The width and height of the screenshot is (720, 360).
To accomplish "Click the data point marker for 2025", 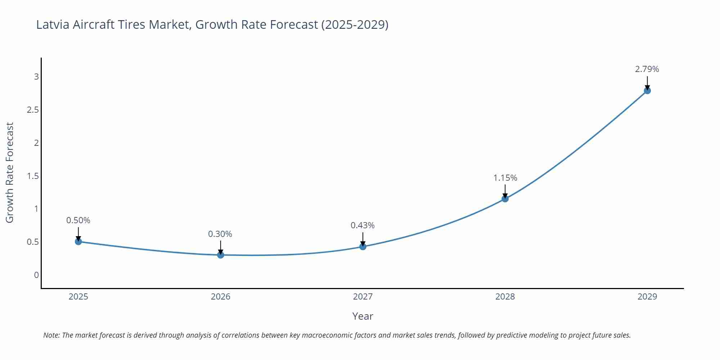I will tap(78, 242).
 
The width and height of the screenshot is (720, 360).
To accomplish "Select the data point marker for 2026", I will tap(221, 255).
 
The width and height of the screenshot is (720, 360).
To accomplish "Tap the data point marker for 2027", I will tap(363, 247).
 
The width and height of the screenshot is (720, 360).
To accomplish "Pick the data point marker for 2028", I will tap(505, 199).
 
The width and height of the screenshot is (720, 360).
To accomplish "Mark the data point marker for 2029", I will tap(647, 91).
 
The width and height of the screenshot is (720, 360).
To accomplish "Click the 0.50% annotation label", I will tap(78, 220).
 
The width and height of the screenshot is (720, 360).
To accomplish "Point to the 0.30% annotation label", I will tap(220, 234).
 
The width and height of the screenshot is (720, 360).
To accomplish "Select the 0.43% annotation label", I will tap(363, 225).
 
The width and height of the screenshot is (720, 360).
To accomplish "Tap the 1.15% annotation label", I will tap(505, 178).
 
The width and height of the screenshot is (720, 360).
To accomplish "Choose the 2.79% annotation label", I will tap(647, 69).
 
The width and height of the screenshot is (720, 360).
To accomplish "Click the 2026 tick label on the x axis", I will tap(221, 297).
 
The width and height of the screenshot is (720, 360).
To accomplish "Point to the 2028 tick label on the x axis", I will tap(505, 297).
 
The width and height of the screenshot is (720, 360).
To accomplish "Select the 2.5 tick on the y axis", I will tap(33, 110).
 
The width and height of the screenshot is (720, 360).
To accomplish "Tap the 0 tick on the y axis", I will tap(36, 275).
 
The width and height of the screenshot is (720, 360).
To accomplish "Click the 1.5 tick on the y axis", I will tap(33, 176).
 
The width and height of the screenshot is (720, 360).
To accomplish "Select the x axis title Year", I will tap(363, 316).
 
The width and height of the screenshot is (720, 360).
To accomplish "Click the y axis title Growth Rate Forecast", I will tap(10, 172).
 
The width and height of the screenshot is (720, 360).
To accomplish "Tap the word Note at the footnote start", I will tap(51, 335).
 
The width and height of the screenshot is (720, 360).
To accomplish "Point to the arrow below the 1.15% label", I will tap(505, 191).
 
